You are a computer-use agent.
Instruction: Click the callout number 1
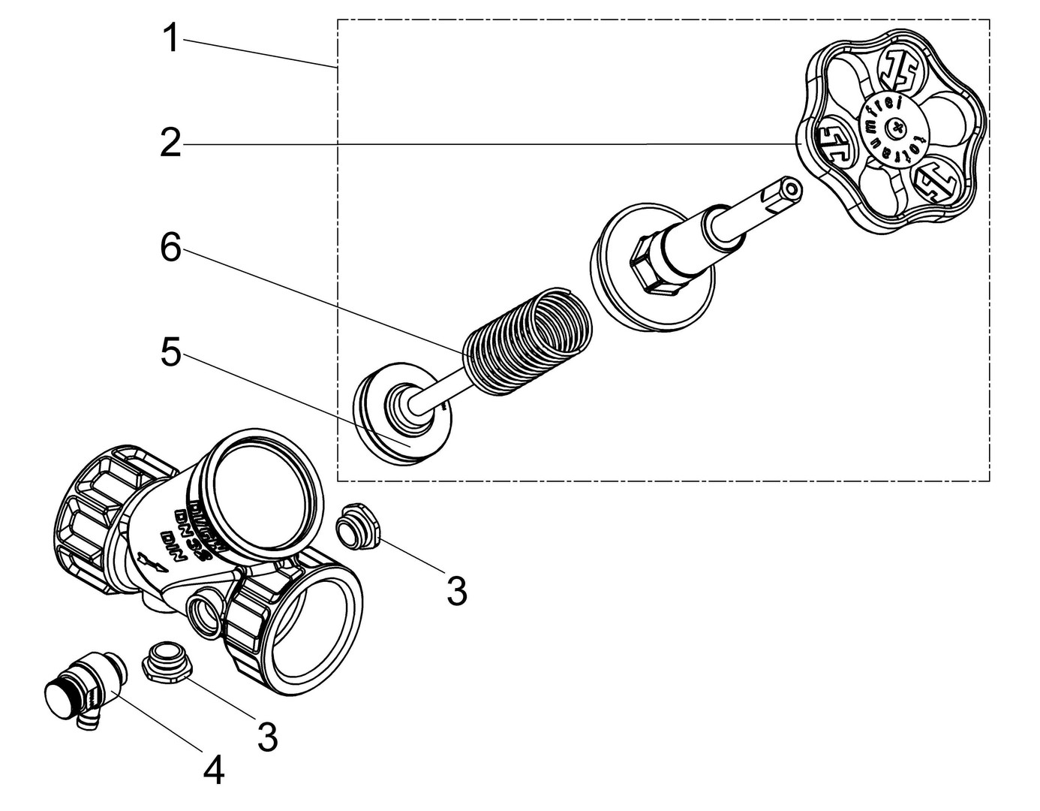click(x=172, y=38)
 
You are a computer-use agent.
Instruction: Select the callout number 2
click(x=170, y=142)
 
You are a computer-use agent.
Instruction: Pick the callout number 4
click(x=214, y=770)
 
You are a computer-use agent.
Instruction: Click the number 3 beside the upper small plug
click(x=456, y=590)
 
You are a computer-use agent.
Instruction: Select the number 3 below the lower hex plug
click(x=267, y=737)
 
